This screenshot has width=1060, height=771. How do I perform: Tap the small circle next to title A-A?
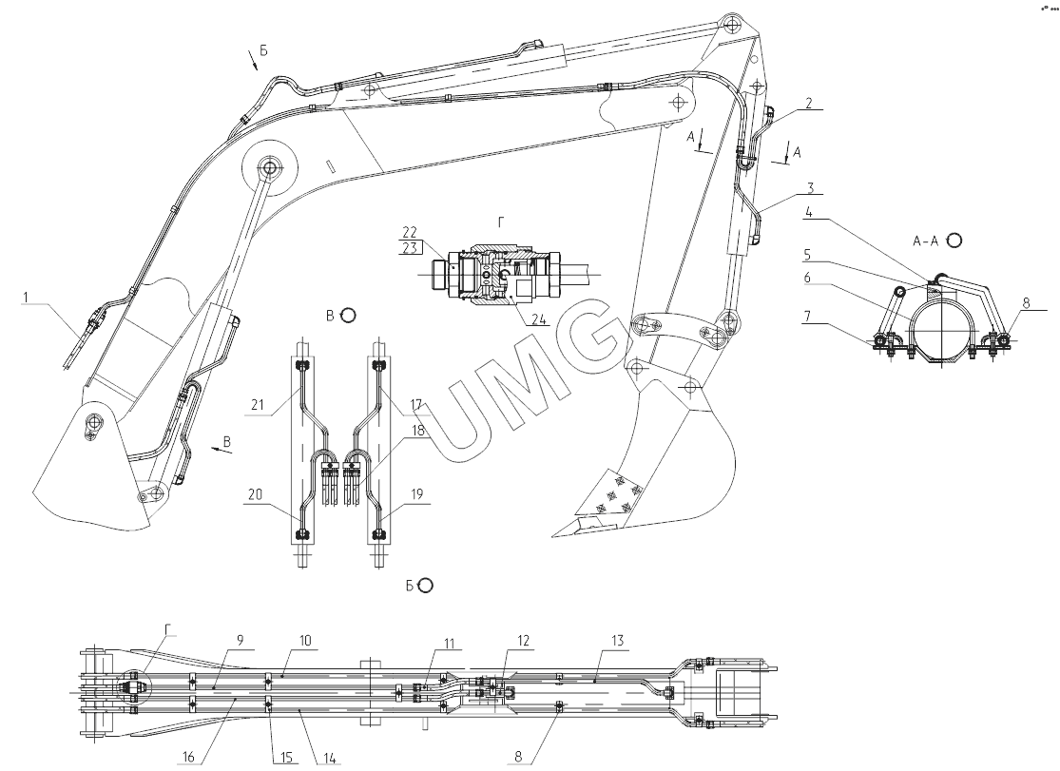click(x=954, y=241)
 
